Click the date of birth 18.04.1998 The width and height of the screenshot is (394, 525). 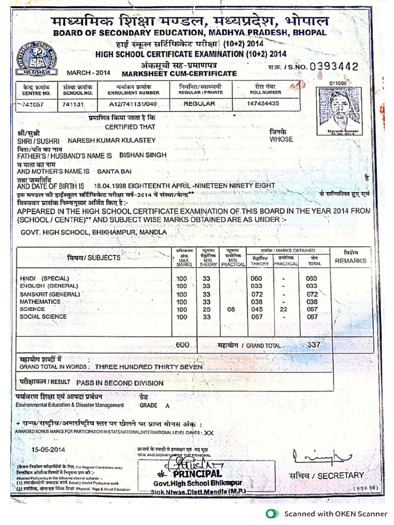(110, 186)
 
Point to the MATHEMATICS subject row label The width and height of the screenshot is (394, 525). (40, 302)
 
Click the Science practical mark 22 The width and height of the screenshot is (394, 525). (284, 309)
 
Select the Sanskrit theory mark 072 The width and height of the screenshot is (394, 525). (256, 294)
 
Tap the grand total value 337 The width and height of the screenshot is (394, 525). (313, 345)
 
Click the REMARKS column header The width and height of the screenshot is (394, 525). (351, 261)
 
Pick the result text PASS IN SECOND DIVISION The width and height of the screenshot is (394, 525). (120, 382)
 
